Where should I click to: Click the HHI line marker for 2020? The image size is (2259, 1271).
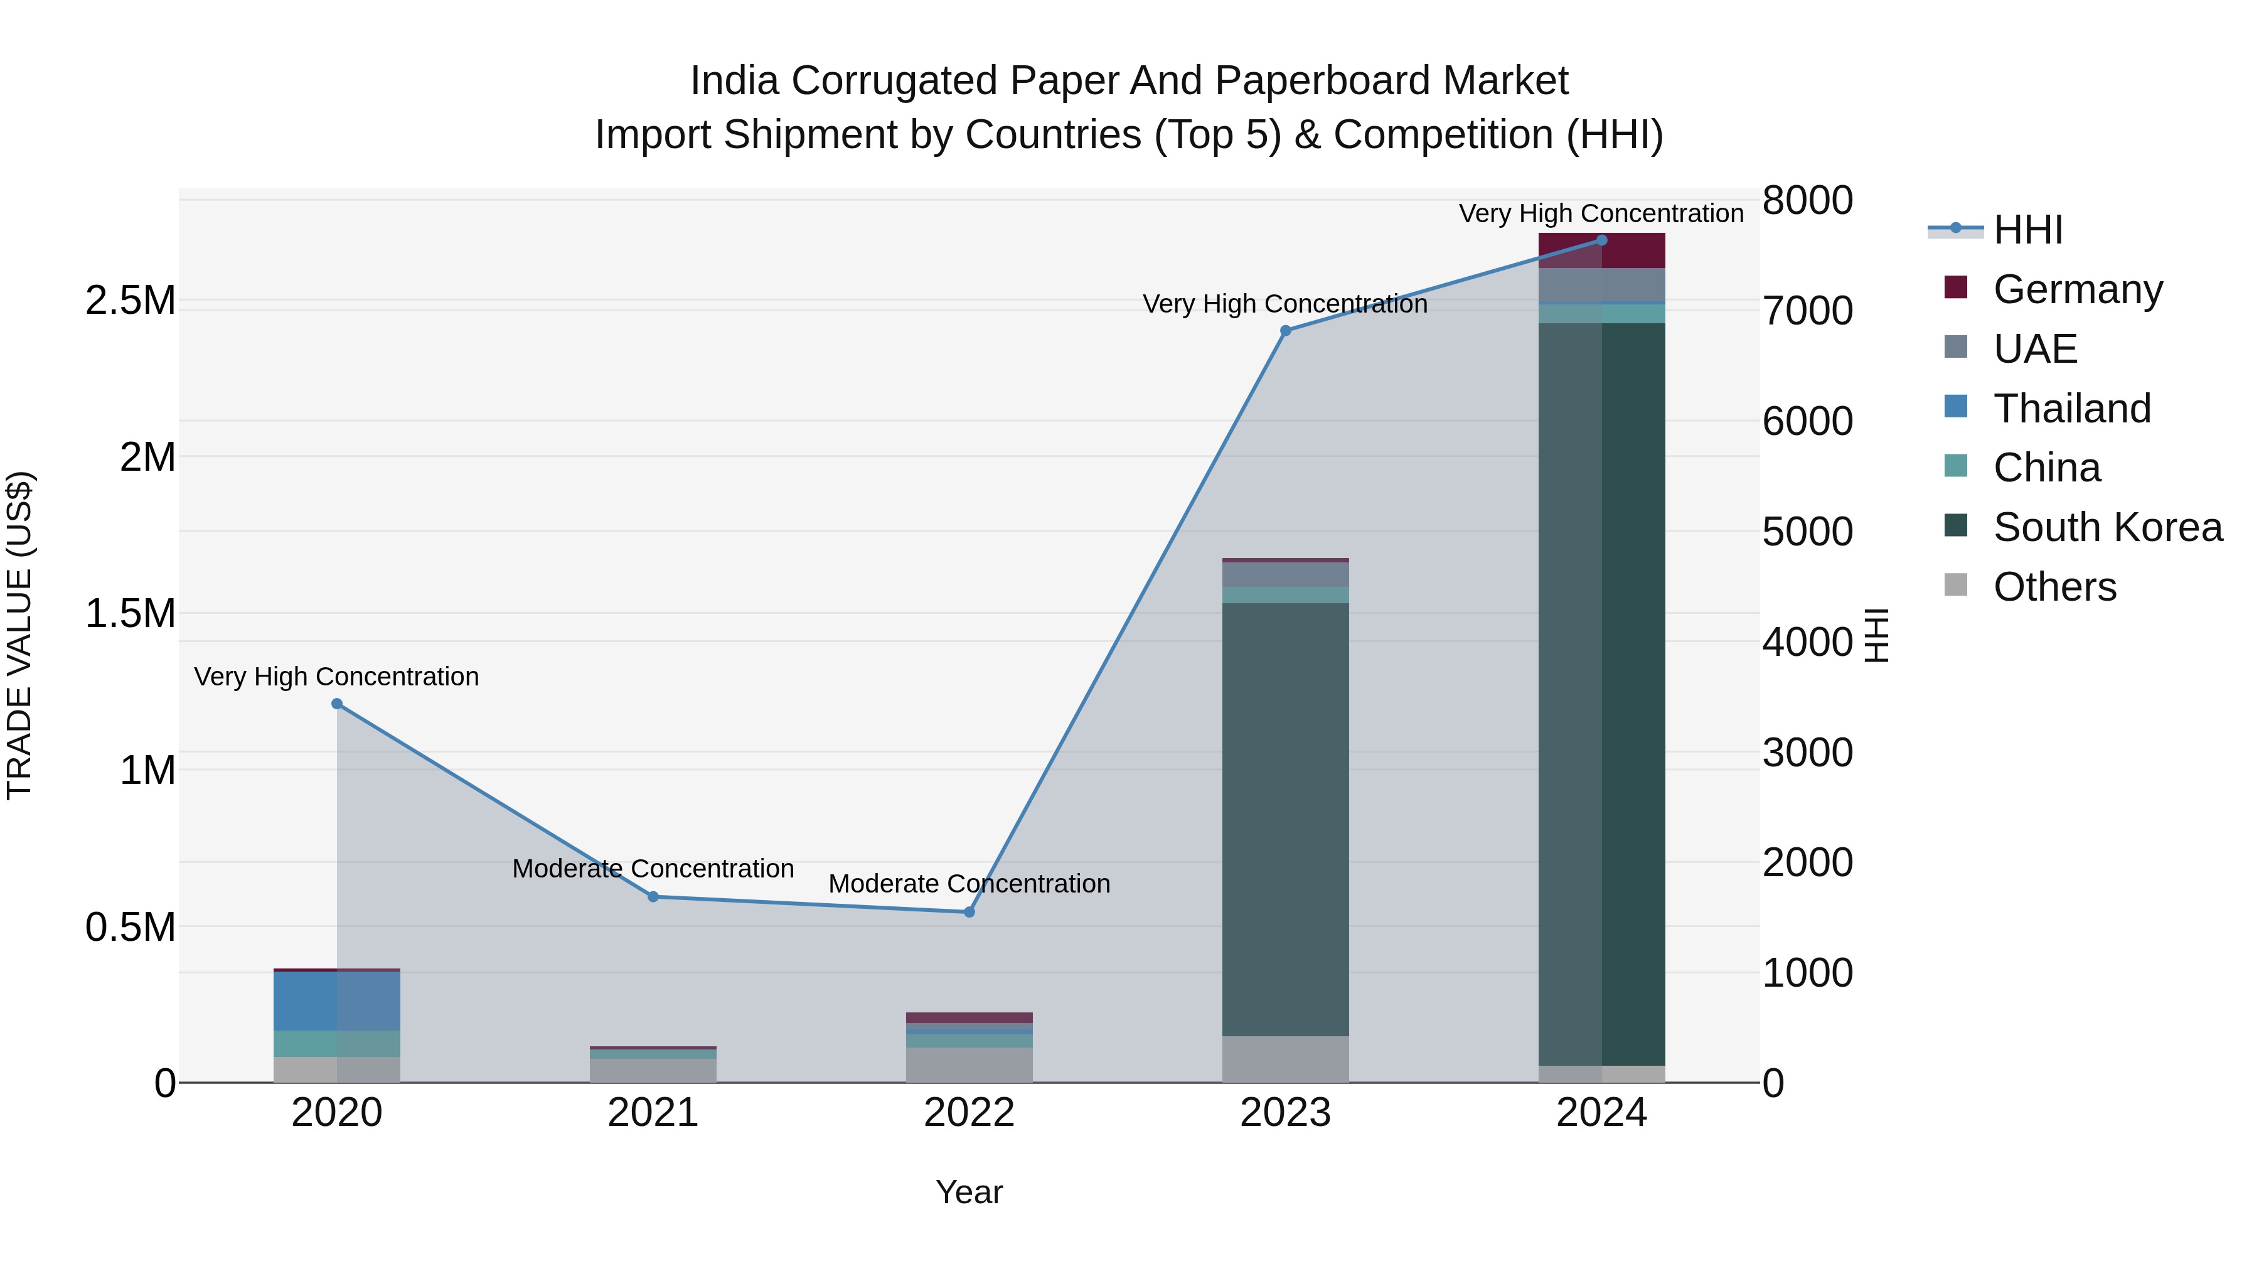pos(337,704)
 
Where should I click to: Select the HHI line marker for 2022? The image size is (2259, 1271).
pos(969,912)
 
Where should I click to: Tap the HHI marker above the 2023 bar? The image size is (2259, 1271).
pos(1286,331)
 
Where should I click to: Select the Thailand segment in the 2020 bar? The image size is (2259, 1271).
pos(337,1001)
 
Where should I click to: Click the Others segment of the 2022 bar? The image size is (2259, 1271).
pos(969,1065)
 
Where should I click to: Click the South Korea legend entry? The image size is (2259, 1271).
pos(2107,527)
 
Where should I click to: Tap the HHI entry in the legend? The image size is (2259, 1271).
pos(2027,230)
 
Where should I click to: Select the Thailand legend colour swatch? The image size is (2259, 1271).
pos(1955,406)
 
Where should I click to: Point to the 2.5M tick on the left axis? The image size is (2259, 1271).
pos(131,301)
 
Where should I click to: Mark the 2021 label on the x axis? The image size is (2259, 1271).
pos(653,1113)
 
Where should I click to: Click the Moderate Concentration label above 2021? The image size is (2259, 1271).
pos(653,869)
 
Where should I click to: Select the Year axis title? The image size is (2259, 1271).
pos(969,1192)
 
